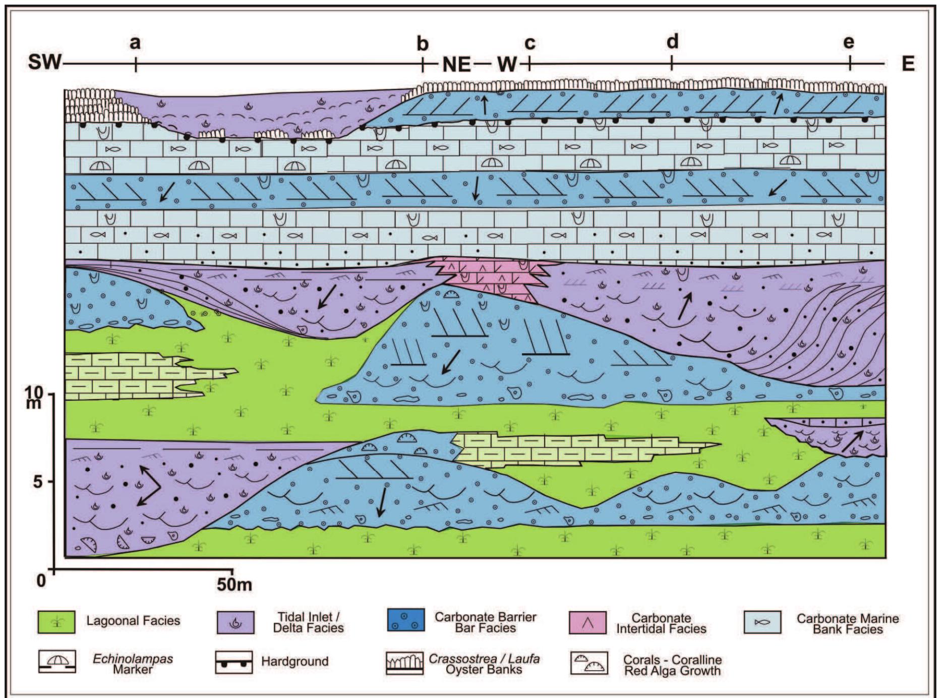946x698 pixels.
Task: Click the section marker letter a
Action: [135, 43]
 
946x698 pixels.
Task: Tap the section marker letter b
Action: [423, 44]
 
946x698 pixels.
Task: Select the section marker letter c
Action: [529, 44]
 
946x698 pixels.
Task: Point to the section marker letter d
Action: [672, 41]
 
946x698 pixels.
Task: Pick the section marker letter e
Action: [849, 42]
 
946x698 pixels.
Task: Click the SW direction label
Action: [44, 64]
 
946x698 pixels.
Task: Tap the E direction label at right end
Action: [908, 64]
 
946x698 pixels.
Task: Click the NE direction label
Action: [457, 64]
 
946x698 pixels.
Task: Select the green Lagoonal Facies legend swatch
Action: [56, 622]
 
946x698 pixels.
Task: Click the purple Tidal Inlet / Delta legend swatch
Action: [235, 622]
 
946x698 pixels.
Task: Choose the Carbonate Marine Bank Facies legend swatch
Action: [762, 622]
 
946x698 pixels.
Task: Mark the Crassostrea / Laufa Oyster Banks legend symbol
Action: [405, 663]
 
